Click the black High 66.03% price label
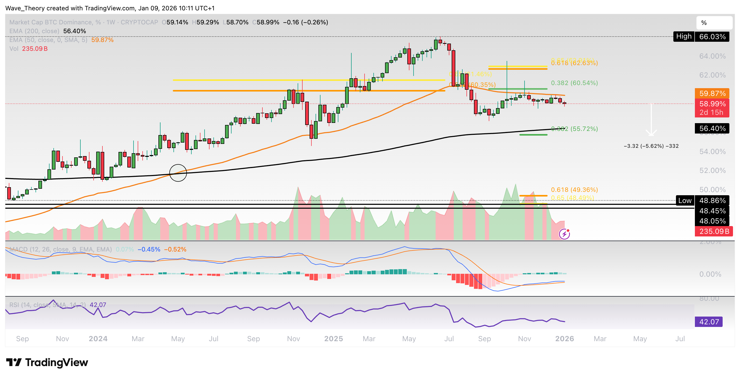[701, 37]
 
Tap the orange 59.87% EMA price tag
[712, 93]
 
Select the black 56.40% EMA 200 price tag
[712, 128]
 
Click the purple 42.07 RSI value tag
[708, 321]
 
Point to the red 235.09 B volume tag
[714, 231]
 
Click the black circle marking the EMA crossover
[178, 173]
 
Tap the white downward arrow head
[651, 133]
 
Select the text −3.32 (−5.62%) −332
[651, 146]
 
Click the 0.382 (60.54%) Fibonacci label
[574, 83]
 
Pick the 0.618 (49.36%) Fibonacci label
[574, 190]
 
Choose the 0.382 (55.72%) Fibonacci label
[574, 129]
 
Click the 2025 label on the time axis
[333, 339]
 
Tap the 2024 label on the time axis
[98, 339]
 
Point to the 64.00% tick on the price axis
[713, 56]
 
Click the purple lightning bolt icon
[564, 234]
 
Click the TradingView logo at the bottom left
[47, 362]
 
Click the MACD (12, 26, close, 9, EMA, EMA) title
[60, 249]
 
